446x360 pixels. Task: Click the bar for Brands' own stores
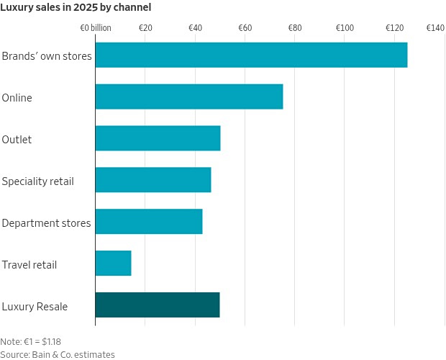coord(251,55)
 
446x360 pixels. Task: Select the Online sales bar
coord(188,97)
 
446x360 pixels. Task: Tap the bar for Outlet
coord(158,139)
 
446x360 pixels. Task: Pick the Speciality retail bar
coord(153,180)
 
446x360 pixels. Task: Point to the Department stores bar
coord(148,222)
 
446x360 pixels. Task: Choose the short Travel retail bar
coord(113,264)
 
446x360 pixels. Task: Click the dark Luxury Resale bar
coord(157,305)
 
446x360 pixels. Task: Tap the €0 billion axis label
coord(96,28)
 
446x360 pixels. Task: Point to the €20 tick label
coord(145,28)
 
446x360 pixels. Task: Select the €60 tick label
coord(245,28)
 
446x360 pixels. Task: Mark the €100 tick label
coord(345,28)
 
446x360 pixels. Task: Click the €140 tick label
coord(435,28)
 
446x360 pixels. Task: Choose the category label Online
coord(17,98)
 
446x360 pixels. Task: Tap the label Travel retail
coord(29,265)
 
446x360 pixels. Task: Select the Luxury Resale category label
coord(35,307)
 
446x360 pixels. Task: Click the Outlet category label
coord(17,140)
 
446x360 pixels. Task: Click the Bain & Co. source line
coord(58,354)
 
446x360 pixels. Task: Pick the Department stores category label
coord(46,223)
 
